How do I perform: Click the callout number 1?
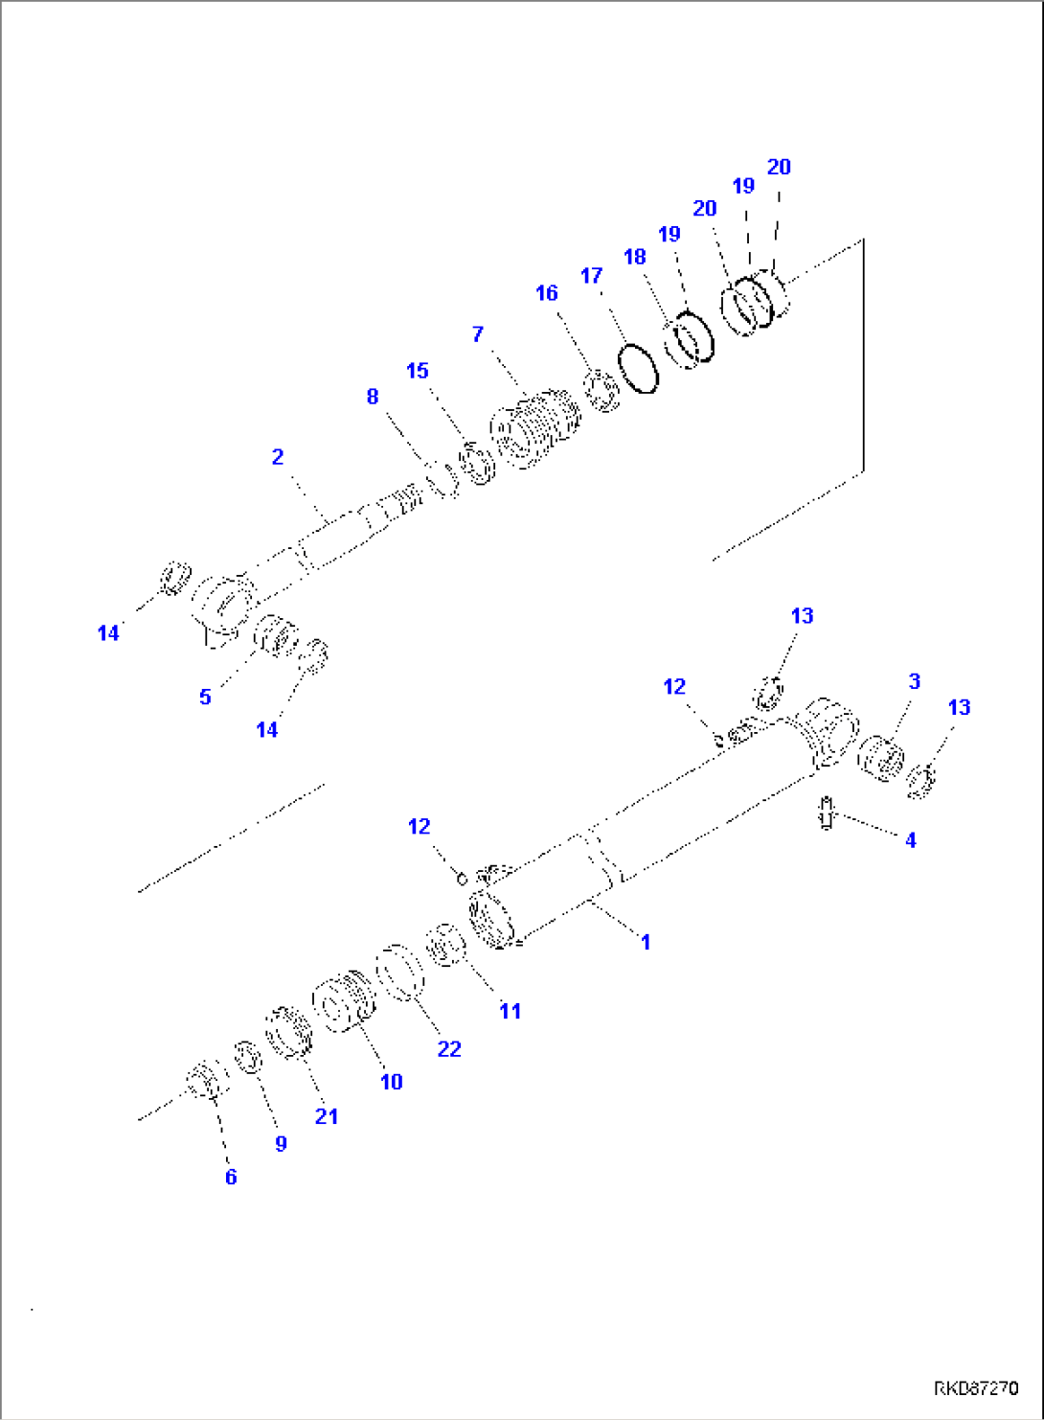click(x=646, y=942)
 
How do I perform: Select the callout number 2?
click(x=278, y=457)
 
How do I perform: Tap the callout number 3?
click(x=914, y=681)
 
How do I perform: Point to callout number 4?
click(x=910, y=840)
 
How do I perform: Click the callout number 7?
click(x=478, y=334)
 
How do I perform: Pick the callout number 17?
click(x=592, y=276)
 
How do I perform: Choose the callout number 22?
click(x=449, y=1049)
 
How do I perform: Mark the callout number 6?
click(x=231, y=1178)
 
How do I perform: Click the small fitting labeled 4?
click(x=826, y=813)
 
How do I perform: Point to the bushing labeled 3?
click(x=880, y=759)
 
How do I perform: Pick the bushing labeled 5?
click(x=276, y=636)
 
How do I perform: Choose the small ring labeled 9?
click(x=248, y=1058)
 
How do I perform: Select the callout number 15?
click(x=418, y=371)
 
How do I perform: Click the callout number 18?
click(x=635, y=258)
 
